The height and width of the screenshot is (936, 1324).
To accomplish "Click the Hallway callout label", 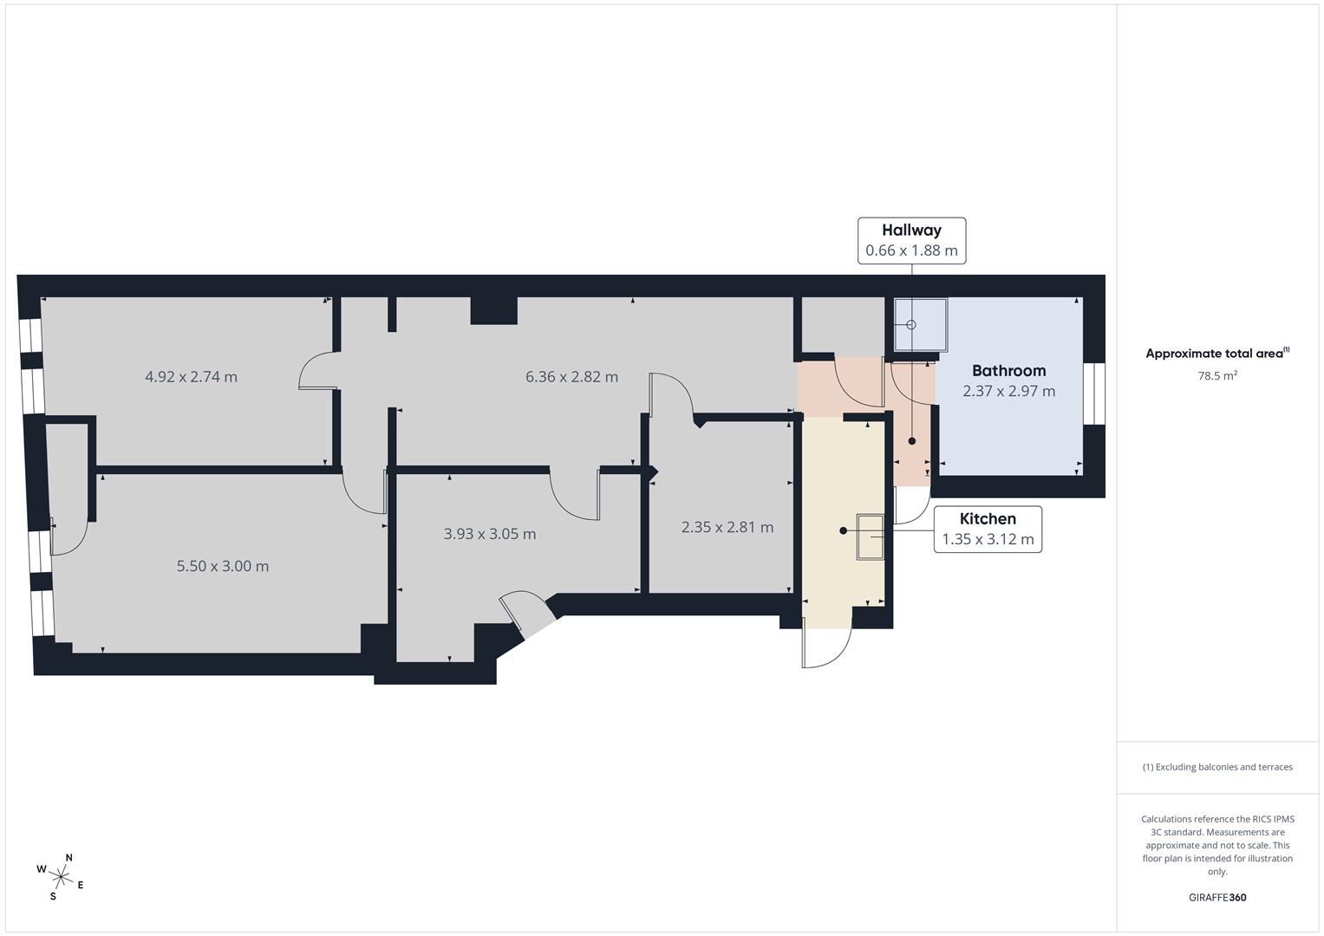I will coord(911,240).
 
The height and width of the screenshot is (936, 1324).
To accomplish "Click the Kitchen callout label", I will coord(988,529).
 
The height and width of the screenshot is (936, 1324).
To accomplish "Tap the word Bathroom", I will coord(1008,370).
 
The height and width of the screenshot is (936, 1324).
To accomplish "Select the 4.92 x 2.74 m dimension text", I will coord(191,377).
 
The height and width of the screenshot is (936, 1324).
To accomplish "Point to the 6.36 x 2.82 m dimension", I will coord(571,377).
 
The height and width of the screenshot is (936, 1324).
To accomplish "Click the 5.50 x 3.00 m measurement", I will coord(223,566).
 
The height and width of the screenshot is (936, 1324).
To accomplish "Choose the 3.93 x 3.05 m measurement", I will coord(490,534).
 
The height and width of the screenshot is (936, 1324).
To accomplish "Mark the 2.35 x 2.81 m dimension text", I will coord(727,527).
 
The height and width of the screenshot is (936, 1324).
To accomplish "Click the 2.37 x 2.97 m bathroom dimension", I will coord(1008,391).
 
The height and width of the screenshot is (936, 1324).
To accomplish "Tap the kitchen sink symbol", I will coord(870,536).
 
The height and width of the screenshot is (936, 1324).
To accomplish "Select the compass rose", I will coord(60,875).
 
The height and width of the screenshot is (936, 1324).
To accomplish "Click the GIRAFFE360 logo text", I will coord(1216,897).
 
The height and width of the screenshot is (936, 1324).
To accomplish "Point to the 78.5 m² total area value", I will coord(1216,376).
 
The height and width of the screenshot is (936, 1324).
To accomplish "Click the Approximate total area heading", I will coord(1216,354).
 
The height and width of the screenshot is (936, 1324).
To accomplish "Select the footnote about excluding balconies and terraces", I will coord(1216,767).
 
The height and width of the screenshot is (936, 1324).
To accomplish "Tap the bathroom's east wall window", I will coord(1093,393).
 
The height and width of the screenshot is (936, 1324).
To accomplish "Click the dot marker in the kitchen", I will coord(843,530).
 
